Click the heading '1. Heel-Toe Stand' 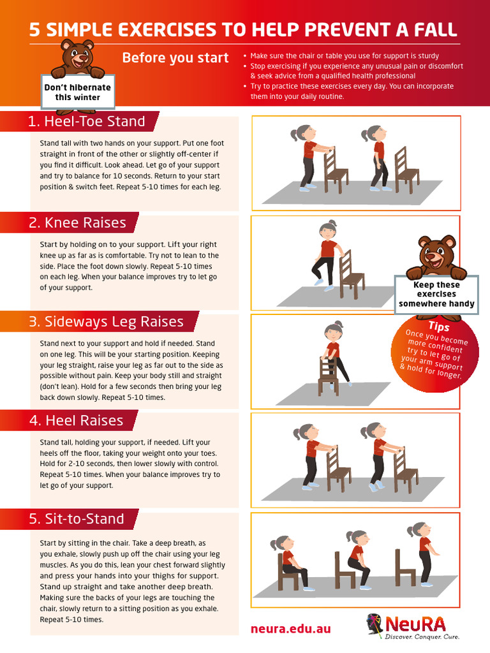point(86,121)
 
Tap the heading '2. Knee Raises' point(77,223)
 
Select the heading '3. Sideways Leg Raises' point(105,321)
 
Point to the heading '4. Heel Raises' point(75,420)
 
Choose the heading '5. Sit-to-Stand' point(76,518)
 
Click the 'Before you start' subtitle point(175,58)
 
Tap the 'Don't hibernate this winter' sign point(77,92)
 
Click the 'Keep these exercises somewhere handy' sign point(436,294)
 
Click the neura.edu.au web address point(290,629)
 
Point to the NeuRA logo point(413,626)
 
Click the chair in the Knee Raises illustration point(351,275)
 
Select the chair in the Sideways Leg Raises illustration point(328,376)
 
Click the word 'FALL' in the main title point(433,29)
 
